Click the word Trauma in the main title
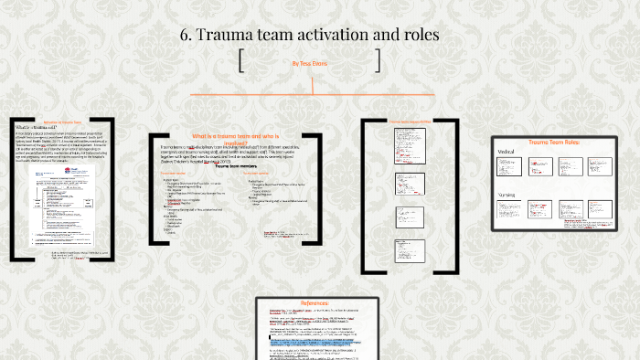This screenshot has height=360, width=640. (x=230, y=35)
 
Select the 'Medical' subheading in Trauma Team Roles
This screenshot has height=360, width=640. (x=507, y=152)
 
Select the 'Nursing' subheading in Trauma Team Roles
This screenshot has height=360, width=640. (x=508, y=195)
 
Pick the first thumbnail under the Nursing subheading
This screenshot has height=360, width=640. (x=507, y=212)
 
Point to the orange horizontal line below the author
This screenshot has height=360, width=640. (x=312, y=94)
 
